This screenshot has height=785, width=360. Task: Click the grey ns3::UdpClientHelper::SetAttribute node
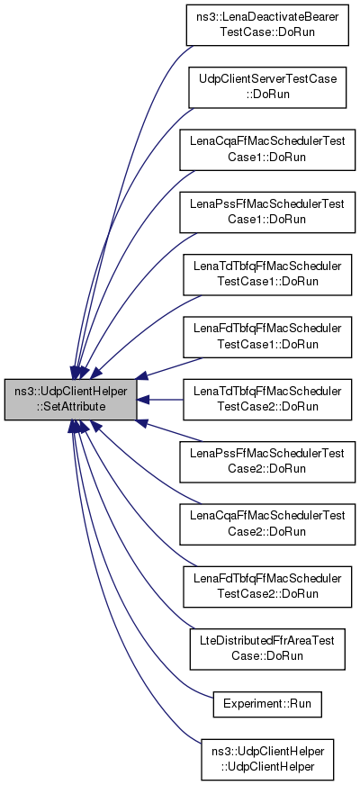[70, 400]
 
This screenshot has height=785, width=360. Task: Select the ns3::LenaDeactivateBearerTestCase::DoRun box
[267, 25]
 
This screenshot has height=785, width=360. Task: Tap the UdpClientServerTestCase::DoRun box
[267, 87]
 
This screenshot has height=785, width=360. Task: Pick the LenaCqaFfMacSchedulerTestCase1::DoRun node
[267, 149]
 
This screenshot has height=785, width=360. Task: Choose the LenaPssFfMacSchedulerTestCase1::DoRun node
[267, 212]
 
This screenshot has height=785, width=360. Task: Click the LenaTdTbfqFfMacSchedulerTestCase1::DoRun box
[267, 275]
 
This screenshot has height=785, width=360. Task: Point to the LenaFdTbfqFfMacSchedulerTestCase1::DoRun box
[267, 337]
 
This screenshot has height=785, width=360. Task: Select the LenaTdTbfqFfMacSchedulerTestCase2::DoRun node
[267, 400]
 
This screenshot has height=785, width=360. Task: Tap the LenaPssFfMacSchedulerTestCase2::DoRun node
[267, 462]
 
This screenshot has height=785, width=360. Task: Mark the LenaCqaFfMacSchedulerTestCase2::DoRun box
[267, 524]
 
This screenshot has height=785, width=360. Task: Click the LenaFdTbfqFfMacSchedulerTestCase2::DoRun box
[267, 587]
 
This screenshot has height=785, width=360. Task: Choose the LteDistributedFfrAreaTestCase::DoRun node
[267, 649]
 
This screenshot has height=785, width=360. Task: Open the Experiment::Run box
[267, 703]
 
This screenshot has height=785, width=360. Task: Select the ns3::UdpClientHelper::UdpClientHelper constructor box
[267, 758]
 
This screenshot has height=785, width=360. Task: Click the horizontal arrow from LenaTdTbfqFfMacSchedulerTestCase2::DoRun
[159, 400]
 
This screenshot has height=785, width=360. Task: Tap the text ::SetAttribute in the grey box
[70, 407]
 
